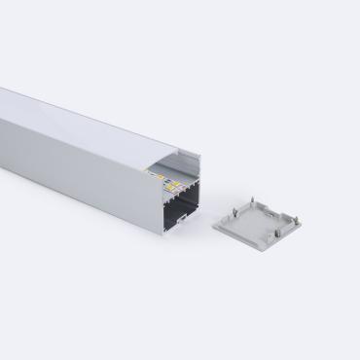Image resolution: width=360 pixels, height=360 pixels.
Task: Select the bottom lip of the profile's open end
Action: coord(179,231)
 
